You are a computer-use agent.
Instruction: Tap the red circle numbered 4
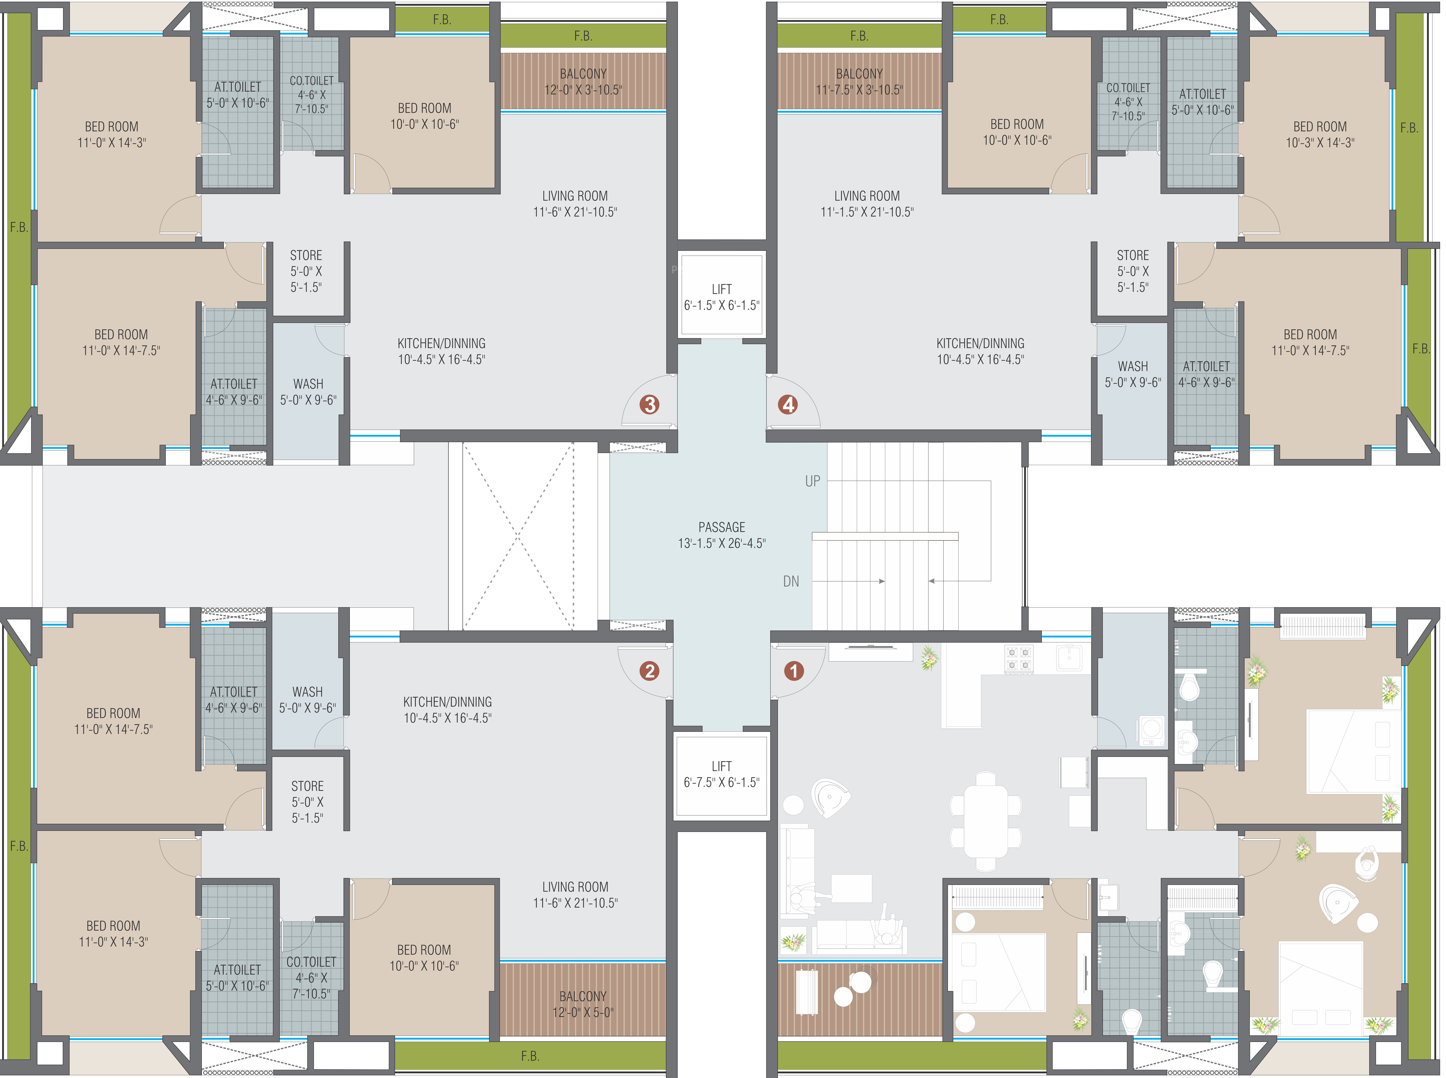pyautogui.click(x=788, y=405)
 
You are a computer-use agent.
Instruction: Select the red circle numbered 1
pyautogui.click(x=793, y=671)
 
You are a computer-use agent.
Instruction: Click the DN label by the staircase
pyautogui.click(x=791, y=581)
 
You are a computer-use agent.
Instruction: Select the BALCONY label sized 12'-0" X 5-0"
pyautogui.click(x=583, y=1004)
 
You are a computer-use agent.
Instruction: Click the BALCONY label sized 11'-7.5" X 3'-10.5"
pyautogui.click(x=859, y=82)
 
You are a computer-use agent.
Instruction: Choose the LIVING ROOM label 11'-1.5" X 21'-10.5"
pyautogui.click(x=867, y=204)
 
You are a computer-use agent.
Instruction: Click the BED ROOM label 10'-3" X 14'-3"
pyautogui.click(x=1320, y=134)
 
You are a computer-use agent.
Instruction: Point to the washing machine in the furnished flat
pyautogui.click(x=1152, y=731)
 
